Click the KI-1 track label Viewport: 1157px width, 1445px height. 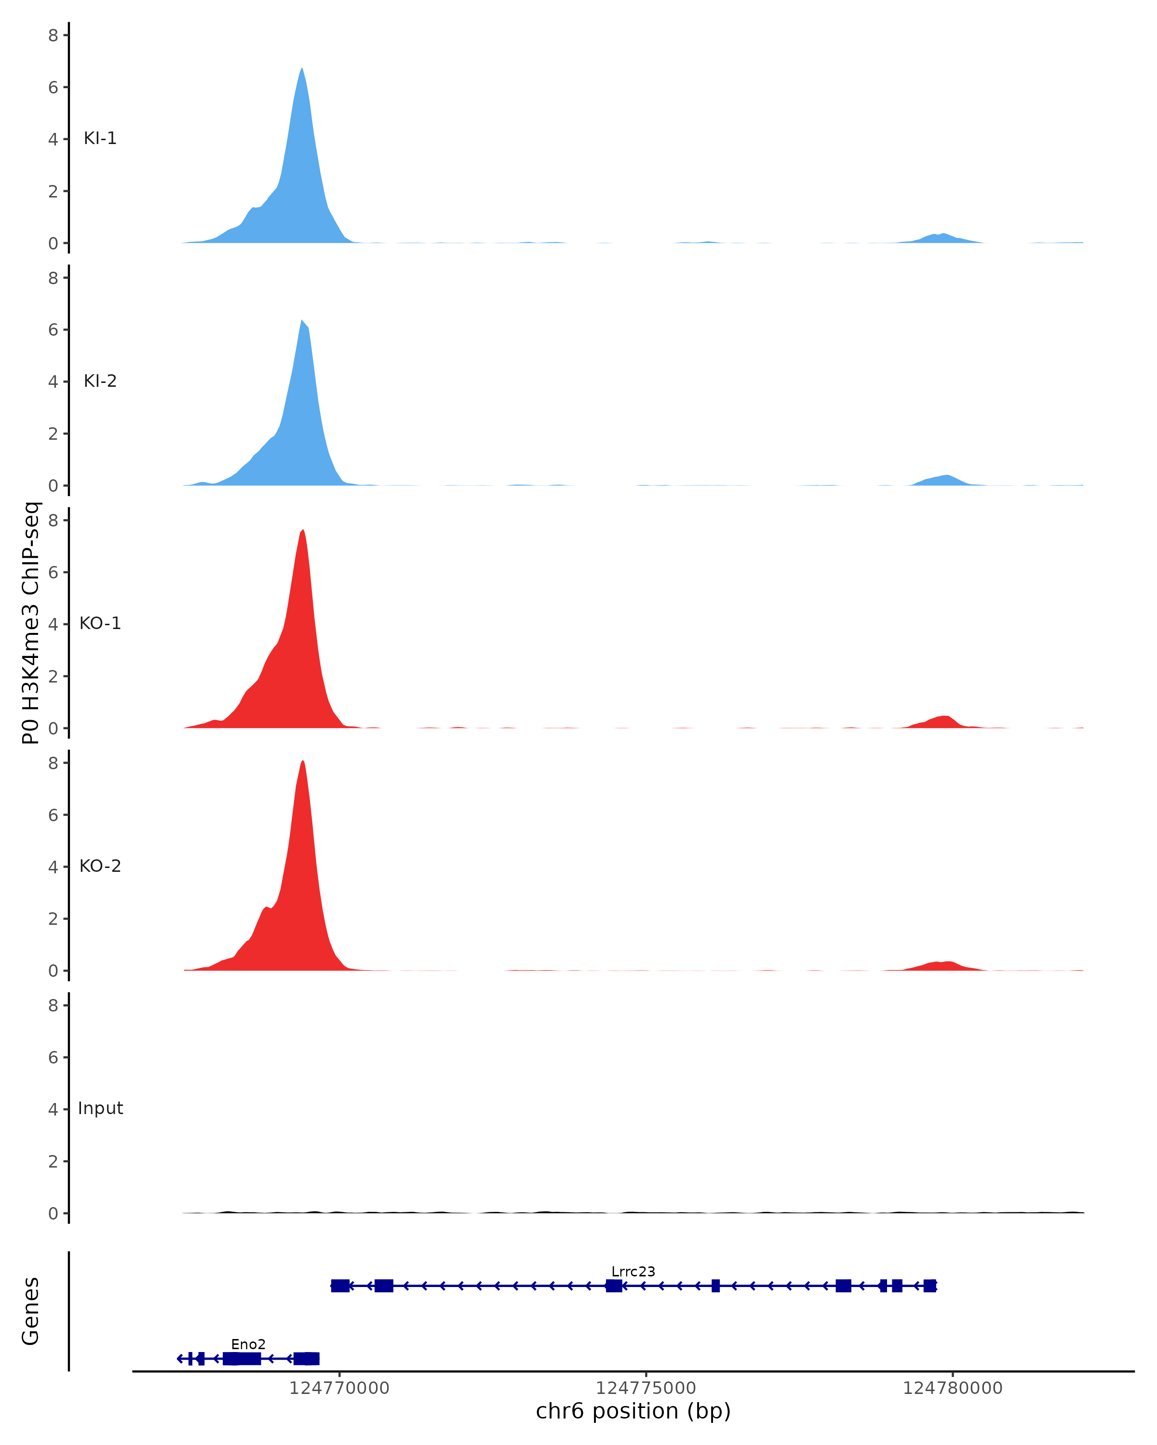[x=100, y=139]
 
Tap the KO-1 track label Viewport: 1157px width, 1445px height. [x=100, y=623]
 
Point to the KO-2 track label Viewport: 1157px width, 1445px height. [x=100, y=866]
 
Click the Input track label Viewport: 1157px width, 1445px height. [x=100, y=1108]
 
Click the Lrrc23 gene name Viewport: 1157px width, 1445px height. [x=632, y=1272]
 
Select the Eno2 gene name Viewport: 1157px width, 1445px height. [x=248, y=1344]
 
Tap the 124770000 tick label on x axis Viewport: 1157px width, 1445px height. [x=339, y=1388]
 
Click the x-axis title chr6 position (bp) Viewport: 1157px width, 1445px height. [x=632, y=1411]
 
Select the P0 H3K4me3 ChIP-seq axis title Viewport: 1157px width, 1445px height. [x=31, y=623]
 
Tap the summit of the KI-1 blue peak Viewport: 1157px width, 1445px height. [x=302, y=69]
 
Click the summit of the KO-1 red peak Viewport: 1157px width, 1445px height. [x=303, y=530]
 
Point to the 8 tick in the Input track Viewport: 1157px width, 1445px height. [x=53, y=1005]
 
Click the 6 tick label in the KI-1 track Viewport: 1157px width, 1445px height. [x=53, y=87]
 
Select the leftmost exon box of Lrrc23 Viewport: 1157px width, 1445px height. [x=340, y=1286]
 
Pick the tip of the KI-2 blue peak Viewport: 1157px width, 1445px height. [x=302, y=321]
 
